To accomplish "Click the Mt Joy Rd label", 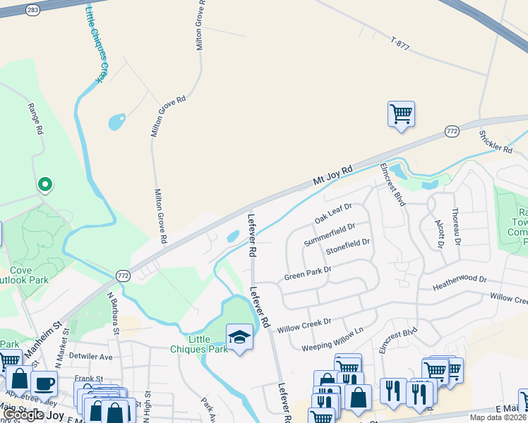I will coord(332,177).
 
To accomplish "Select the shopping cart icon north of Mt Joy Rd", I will coord(401,114).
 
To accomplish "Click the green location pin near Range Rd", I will coord(44,185).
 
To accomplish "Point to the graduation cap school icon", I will coord(240,338).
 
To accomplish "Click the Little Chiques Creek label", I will coord(98,42).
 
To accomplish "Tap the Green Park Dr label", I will coord(308,273).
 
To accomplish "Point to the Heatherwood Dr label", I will coord(460,283).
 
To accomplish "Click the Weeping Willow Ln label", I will coord(332,339).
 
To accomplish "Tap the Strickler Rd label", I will coord(496,142).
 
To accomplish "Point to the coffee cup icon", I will coord(44,384).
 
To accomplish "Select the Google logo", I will coord(23,415).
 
